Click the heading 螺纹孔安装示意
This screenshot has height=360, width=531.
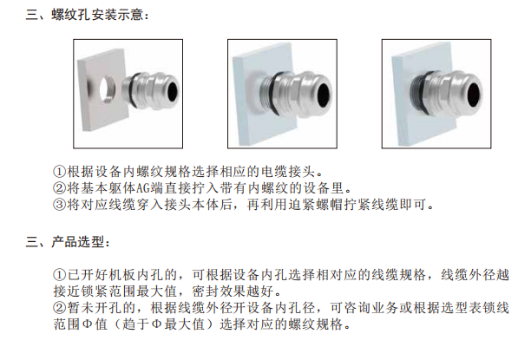click(x=97, y=15)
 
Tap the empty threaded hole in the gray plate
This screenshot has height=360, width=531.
click(x=107, y=89)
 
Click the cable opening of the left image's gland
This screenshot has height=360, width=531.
click(x=172, y=91)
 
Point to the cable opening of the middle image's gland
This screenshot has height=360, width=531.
click(x=324, y=92)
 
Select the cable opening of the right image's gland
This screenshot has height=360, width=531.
click(x=474, y=92)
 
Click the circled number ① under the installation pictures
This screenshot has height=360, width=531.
click(x=59, y=172)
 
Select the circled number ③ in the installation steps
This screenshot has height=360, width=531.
click(x=59, y=204)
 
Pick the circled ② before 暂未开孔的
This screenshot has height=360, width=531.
click(x=59, y=308)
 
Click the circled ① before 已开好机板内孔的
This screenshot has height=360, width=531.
click(x=59, y=275)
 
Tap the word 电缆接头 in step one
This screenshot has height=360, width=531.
click(x=288, y=172)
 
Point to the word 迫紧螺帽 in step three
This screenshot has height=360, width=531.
click(x=316, y=204)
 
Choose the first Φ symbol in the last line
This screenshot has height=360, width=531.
click(x=88, y=324)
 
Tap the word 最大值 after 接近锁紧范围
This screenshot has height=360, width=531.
click(x=156, y=291)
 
